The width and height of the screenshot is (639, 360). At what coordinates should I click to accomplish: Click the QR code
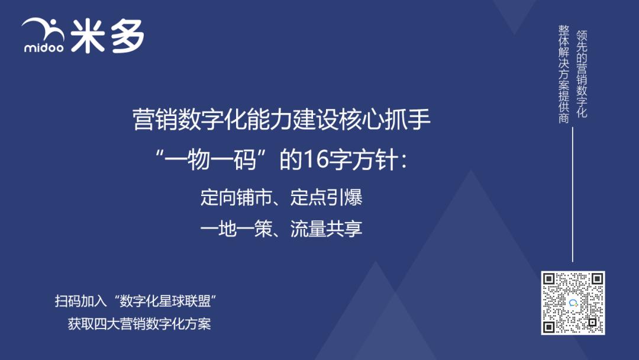tap(573, 303)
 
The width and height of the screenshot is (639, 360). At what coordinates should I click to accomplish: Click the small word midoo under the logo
tap(43, 47)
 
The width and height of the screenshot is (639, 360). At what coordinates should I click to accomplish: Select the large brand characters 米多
tap(106, 37)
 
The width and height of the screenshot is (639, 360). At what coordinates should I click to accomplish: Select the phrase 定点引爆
tap(327, 198)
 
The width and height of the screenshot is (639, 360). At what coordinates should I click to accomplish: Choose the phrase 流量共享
tap(327, 229)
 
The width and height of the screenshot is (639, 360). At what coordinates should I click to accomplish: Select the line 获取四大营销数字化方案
tap(139, 324)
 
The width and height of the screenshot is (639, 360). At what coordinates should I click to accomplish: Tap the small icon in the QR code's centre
tap(573, 303)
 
